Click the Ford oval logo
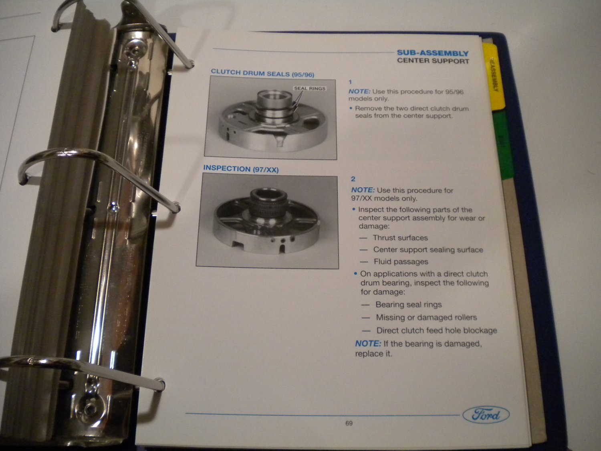(x=486, y=415)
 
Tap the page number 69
(x=349, y=423)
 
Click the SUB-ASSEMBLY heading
(x=432, y=53)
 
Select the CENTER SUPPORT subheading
(x=433, y=61)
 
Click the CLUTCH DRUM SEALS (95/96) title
(x=262, y=73)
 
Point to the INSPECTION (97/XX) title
(x=241, y=169)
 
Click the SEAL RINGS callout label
(x=310, y=88)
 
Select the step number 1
(x=350, y=82)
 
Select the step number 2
(x=353, y=179)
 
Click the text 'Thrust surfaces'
(x=400, y=238)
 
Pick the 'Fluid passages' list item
(x=401, y=262)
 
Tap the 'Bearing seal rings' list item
(x=408, y=305)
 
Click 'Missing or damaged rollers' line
(x=426, y=318)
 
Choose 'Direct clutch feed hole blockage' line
(x=436, y=331)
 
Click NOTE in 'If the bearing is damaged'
(x=368, y=344)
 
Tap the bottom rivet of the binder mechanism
(x=90, y=409)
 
